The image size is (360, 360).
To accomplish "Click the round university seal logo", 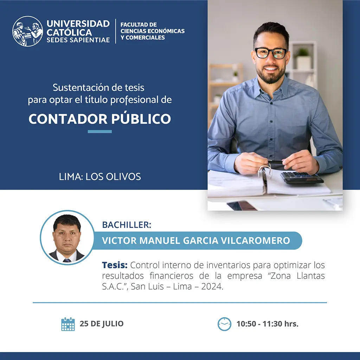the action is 27,31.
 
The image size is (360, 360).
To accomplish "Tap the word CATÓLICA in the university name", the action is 69,32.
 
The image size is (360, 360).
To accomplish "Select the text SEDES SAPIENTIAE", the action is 78,40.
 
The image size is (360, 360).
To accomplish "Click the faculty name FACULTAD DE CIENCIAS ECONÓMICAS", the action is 153,28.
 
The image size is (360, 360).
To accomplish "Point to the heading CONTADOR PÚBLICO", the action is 99,119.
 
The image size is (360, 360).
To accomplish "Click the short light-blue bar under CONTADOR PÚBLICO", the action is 99,131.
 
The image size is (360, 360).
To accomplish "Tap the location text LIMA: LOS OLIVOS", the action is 100,176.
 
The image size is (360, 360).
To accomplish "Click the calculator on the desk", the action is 302,177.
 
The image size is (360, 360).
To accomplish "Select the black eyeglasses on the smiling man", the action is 271,53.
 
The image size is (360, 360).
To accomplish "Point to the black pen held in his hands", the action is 275,162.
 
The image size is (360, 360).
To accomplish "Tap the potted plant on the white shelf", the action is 303,58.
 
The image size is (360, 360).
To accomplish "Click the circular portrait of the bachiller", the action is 67,237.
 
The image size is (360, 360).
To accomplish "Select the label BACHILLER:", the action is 127,225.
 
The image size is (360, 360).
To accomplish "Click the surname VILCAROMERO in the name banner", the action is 256,240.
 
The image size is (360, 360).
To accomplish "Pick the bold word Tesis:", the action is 115,265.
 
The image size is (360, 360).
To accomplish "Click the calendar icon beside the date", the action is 68,324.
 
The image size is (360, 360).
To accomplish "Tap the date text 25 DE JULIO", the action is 102,323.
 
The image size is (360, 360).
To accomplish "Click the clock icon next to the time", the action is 224,324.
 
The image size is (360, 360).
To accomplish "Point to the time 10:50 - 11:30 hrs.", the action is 268,324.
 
